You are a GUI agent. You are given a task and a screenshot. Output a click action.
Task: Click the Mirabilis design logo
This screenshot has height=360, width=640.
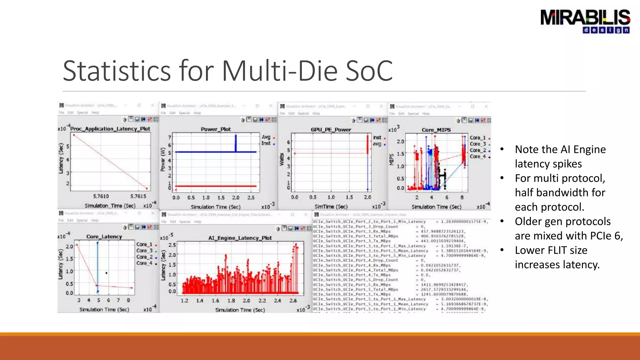click(585, 21)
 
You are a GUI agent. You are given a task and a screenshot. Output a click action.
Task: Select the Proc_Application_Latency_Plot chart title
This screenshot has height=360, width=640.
click(110, 129)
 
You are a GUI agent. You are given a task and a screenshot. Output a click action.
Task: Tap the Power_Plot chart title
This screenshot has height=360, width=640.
click(216, 129)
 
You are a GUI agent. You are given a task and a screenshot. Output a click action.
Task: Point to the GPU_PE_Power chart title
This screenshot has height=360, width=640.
click(331, 130)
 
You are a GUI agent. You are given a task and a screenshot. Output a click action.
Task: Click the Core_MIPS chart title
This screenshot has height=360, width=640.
click(436, 130)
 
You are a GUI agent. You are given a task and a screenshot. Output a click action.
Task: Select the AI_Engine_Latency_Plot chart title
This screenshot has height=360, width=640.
click(240, 238)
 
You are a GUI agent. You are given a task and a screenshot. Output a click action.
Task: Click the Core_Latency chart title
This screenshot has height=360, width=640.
click(104, 237)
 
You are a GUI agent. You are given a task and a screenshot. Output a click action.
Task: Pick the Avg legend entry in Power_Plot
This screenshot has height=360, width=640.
click(266, 137)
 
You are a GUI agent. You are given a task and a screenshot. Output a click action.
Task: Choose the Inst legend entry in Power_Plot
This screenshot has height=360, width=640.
click(266, 143)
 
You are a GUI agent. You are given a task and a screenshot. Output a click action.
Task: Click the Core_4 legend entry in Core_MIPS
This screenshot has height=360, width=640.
click(478, 157)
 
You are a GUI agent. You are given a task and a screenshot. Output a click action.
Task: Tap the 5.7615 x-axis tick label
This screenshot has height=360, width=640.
click(138, 196)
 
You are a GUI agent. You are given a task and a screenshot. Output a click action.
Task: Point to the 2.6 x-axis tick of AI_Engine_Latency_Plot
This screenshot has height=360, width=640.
click(293, 301)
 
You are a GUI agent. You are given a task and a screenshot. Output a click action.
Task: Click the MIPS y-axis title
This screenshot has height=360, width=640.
click(391, 159)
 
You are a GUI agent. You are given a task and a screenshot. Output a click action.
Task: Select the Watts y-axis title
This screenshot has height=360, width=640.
click(282, 159)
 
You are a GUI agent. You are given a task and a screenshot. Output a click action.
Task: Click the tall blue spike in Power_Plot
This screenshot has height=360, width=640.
click(236, 143)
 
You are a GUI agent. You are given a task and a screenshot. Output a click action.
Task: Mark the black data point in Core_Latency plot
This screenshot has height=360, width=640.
click(107, 273)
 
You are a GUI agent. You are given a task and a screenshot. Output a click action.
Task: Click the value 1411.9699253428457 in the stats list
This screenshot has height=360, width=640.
click(443, 285)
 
